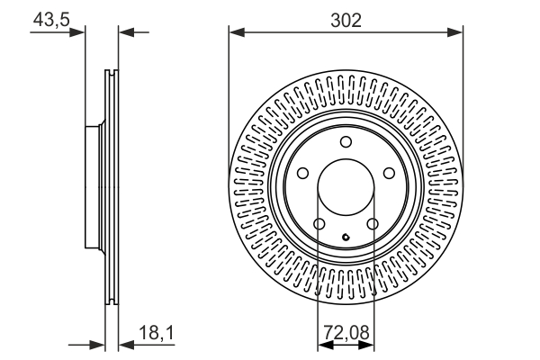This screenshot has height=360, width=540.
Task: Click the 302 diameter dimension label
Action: (x=346, y=19)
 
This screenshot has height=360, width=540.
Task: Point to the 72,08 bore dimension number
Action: (x=346, y=335)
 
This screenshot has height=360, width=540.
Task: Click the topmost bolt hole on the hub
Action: (x=346, y=141)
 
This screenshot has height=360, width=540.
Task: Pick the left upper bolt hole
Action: (x=303, y=174)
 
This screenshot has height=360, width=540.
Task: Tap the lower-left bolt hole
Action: (x=319, y=225)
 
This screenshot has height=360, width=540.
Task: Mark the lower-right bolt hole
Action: (x=373, y=225)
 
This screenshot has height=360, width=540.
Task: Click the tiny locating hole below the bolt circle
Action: (x=346, y=238)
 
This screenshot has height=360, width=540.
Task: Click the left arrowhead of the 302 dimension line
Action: (x=236, y=32)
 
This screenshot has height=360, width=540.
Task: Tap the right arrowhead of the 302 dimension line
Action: (x=457, y=32)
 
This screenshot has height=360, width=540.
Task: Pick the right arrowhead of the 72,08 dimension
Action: (x=368, y=345)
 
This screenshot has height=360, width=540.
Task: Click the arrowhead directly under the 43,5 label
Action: (x=78, y=32)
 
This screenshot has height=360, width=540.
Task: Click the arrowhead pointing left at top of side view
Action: (x=126, y=32)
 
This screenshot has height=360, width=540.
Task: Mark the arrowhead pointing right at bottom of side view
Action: (x=100, y=345)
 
